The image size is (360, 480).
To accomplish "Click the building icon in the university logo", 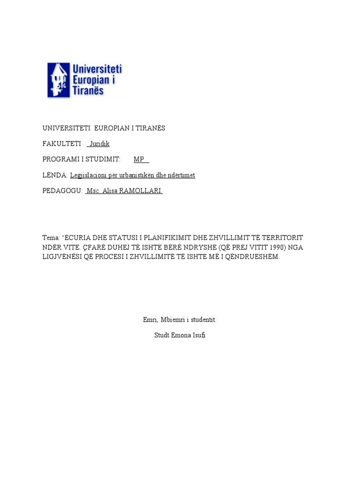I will (x=59, y=80).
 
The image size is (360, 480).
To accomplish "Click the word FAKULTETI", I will (x=61, y=144).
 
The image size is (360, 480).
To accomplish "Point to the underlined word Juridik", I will (x=99, y=144).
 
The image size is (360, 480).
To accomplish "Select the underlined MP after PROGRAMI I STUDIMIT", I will (x=139, y=159).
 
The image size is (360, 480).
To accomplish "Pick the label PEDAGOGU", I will (x=62, y=191).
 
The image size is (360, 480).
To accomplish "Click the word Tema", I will (x=51, y=238).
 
